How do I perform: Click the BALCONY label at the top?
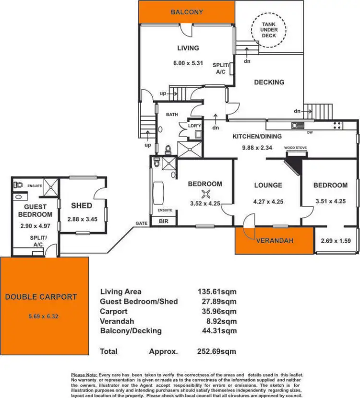click(187, 12)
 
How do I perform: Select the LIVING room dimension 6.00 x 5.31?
click(187, 62)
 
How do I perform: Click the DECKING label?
click(269, 82)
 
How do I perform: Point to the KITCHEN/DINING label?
click(257, 136)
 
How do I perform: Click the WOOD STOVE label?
click(295, 148)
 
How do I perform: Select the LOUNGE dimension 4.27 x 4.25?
click(267, 201)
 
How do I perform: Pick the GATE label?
click(141, 223)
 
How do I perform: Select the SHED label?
click(82, 206)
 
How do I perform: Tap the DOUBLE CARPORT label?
click(41, 297)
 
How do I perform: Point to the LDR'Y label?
click(194, 126)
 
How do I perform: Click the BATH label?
click(172, 115)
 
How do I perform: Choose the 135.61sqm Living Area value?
click(217, 292)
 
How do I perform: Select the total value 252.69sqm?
click(217, 351)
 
